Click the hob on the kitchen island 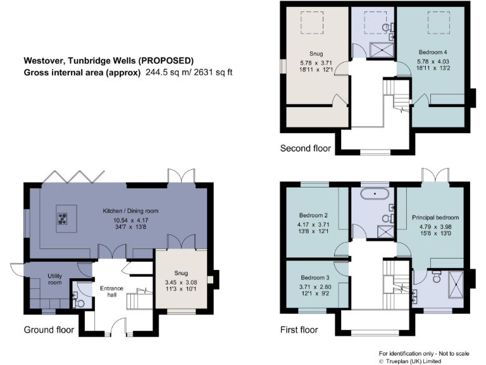point(64,219)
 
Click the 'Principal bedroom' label point(435,217)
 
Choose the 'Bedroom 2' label point(314,215)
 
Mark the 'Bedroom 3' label point(314,278)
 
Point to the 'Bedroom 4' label point(433,51)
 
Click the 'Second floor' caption point(305,149)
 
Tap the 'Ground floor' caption point(49,330)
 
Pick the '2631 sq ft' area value point(211,72)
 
